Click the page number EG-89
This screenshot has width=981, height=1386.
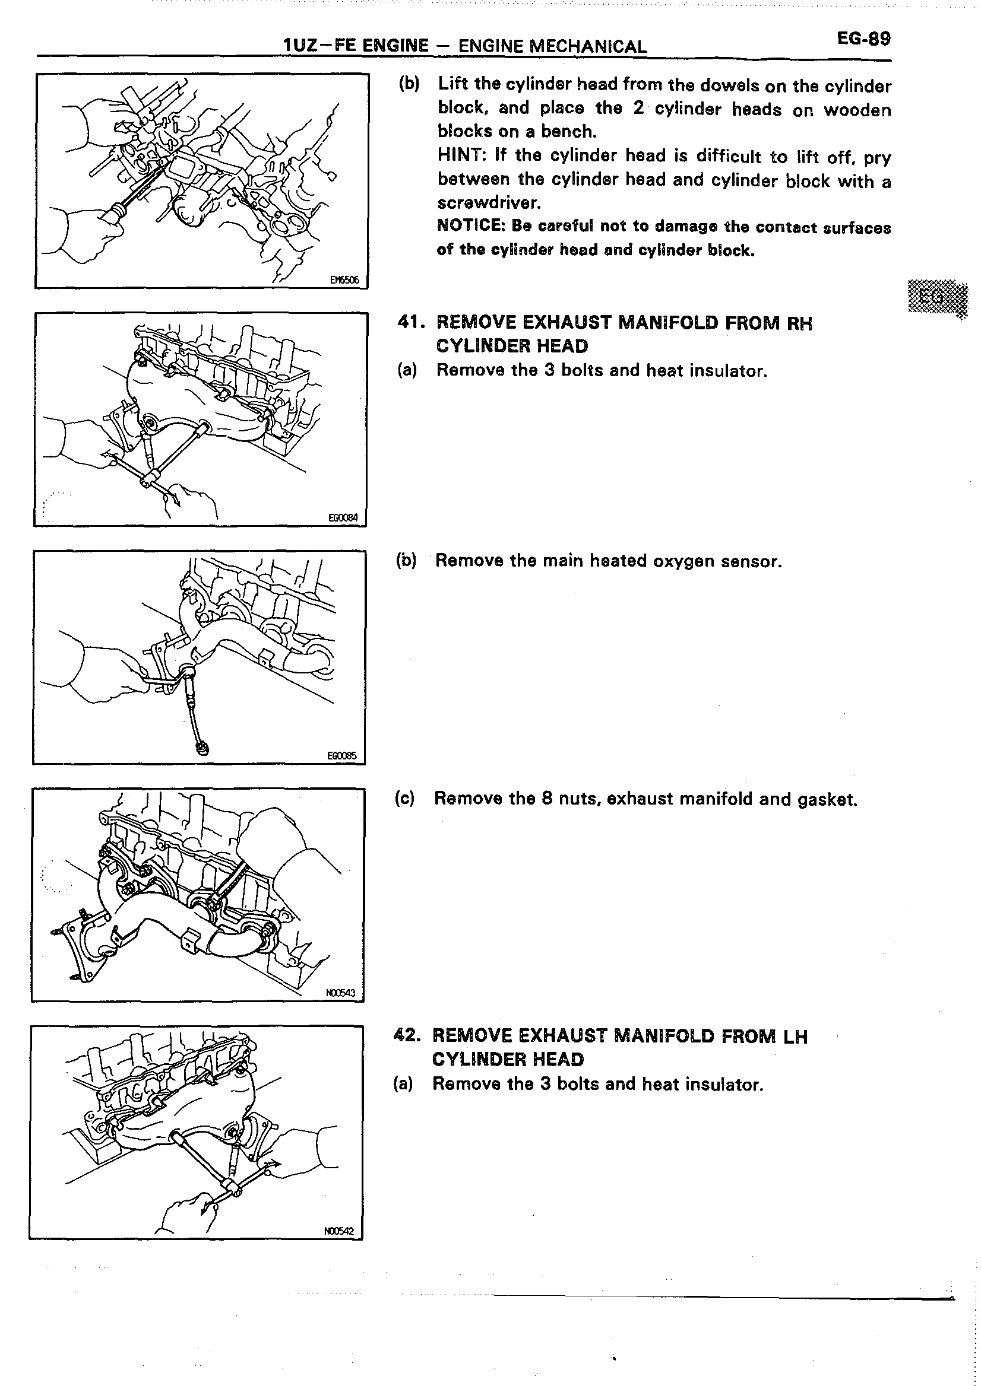(863, 39)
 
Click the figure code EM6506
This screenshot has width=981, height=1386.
(344, 279)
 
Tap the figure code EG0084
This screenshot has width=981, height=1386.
(343, 517)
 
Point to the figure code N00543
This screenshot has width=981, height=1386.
(340, 993)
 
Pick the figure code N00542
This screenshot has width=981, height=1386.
(338, 1231)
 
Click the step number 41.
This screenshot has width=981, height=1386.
(412, 322)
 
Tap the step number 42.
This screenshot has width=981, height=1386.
(407, 1036)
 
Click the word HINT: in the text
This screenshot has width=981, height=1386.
(461, 155)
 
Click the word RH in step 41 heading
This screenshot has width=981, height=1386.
(799, 323)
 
